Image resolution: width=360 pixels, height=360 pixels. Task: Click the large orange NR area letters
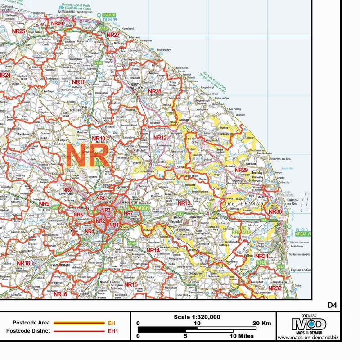tap(87, 155)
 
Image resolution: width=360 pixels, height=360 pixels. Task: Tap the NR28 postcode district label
tap(155, 91)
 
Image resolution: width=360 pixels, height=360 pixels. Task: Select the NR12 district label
tap(160, 138)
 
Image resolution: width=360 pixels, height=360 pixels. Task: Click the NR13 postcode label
tap(184, 203)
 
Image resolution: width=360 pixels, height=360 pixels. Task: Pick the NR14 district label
tap(153, 250)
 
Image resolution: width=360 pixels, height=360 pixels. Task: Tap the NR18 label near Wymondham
tap(23, 263)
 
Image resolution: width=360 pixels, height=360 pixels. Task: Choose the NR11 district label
tap(78, 82)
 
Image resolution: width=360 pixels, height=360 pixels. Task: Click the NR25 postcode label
tap(18, 31)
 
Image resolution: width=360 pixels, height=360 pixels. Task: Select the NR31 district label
tap(261, 256)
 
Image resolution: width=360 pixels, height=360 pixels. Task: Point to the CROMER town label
tap(109, 15)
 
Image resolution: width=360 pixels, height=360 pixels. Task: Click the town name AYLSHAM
tap(76, 109)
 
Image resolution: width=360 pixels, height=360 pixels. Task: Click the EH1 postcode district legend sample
tap(112, 331)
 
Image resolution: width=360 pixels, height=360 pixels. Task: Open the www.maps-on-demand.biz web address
tap(308, 337)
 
